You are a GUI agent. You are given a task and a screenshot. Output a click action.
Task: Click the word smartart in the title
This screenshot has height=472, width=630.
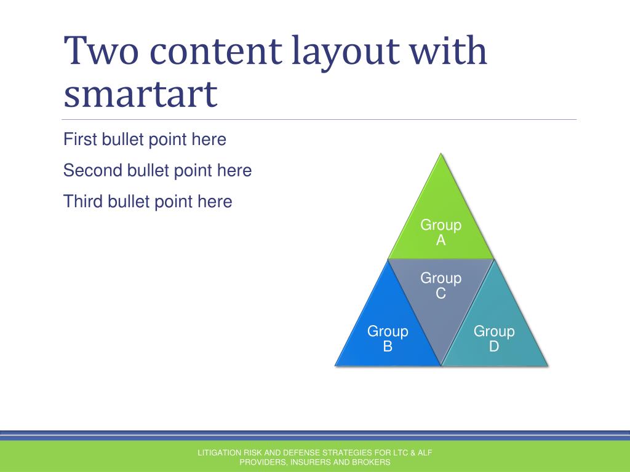(140, 94)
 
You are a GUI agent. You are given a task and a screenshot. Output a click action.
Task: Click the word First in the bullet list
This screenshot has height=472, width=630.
(80, 140)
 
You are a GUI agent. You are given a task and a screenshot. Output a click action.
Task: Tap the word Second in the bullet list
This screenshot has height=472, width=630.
(92, 170)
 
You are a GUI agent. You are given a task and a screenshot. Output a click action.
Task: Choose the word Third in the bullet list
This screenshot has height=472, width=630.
(83, 202)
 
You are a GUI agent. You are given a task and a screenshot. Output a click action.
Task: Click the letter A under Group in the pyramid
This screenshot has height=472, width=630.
(441, 240)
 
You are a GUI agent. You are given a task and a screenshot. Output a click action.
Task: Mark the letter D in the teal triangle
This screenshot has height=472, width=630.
(494, 347)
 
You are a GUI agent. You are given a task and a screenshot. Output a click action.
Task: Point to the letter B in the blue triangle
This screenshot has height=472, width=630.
(388, 347)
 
